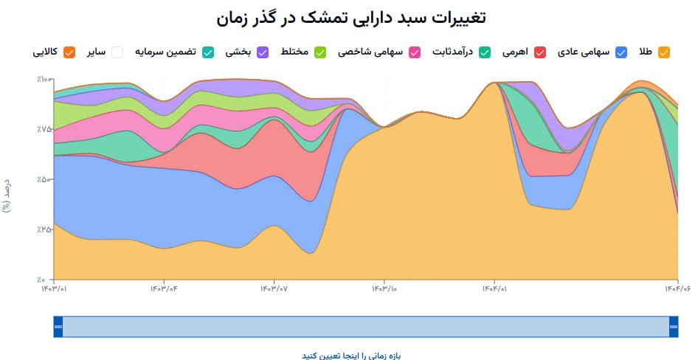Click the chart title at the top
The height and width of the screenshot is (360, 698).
point(349,16)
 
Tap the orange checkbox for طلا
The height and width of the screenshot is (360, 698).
point(664,52)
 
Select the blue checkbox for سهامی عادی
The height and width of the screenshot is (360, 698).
point(621,52)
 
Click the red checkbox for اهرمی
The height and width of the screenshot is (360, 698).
point(540,52)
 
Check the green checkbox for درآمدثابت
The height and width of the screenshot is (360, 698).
point(485,52)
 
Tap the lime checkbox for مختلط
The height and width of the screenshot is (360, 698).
point(320,52)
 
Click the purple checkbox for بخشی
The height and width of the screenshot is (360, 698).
point(263,52)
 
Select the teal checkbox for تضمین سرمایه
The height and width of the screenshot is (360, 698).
point(208,52)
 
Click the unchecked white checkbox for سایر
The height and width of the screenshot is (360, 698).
point(117,52)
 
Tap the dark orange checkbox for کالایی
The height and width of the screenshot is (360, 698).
point(69,52)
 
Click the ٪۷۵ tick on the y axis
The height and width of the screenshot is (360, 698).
point(44,129)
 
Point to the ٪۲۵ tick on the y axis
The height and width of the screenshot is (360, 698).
point(44,229)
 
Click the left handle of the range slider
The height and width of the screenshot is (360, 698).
point(58,326)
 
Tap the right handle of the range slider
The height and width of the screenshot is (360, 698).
point(673,326)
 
